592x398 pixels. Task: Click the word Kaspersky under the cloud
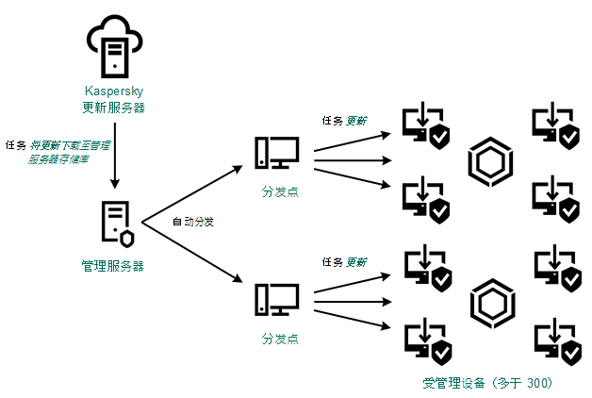point(113,91)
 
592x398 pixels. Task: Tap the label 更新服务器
point(113,106)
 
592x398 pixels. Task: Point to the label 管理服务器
point(114,266)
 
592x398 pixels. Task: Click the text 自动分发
point(192,222)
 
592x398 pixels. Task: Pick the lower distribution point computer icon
point(276,300)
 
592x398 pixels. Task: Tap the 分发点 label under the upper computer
point(280,191)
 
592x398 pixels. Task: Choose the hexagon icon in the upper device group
point(488,162)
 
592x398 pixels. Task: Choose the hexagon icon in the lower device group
point(488,302)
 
